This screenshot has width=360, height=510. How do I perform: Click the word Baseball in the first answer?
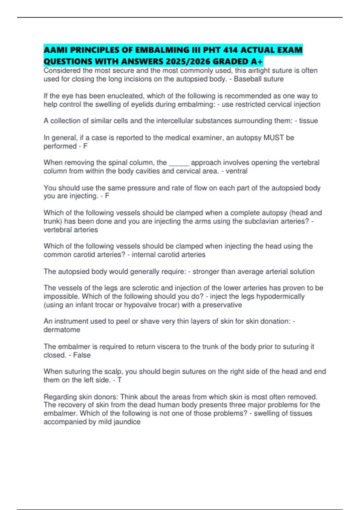247,79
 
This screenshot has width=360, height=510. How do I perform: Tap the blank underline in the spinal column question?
179,163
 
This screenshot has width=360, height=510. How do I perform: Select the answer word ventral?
236,171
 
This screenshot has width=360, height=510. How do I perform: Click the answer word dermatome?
62,330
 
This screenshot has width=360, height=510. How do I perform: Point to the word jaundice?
127,422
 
